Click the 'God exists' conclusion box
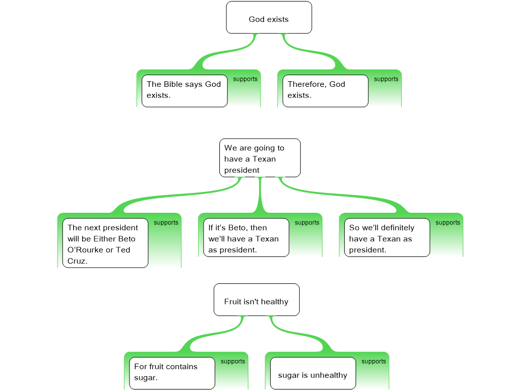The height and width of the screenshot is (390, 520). [x=269, y=18]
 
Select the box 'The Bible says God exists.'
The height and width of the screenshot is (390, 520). [x=184, y=91]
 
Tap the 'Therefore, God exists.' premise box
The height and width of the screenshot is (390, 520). [x=326, y=91]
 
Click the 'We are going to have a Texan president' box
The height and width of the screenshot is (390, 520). [x=260, y=158]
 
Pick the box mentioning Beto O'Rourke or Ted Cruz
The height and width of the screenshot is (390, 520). [x=106, y=243]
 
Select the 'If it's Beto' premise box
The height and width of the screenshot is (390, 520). [x=246, y=238]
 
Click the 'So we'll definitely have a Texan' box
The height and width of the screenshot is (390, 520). [x=387, y=238]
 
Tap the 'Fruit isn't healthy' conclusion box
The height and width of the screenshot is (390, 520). [x=256, y=300]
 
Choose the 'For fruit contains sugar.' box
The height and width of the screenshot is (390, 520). [x=172, y=373]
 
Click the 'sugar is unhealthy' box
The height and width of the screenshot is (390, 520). [x=313, y=373]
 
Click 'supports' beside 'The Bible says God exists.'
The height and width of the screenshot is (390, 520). [x=245, y=79]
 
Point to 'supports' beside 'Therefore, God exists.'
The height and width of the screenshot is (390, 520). [x=386, y=79]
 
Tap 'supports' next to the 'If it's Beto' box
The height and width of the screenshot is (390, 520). [x=307, y=223]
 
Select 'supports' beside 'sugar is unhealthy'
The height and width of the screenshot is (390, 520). [x=374, y=362]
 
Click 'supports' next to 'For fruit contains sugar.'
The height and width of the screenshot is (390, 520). [x=233, y=362]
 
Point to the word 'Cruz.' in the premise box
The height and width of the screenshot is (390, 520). [x=78, y=261]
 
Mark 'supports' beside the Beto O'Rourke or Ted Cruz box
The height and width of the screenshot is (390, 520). [x=166, y=223]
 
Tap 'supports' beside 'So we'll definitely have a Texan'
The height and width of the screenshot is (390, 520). [x=448, y=223]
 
